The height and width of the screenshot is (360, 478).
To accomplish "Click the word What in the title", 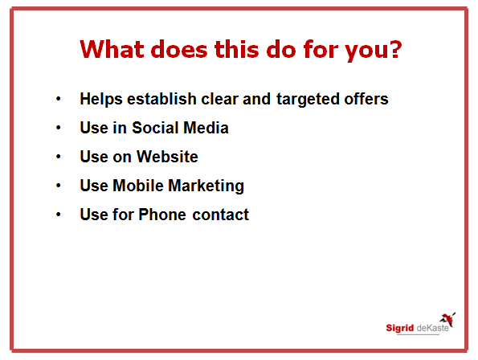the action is pos(112,49).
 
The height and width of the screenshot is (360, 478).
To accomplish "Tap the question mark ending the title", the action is pos(396,49).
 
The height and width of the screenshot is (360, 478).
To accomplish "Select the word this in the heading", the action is pos(237,49).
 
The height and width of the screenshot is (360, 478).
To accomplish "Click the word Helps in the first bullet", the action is pos(101,99).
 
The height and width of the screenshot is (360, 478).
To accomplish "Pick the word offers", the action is pos(366,99).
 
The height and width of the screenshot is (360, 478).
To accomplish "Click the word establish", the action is pos(161,99).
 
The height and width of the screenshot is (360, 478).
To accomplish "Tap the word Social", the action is pos(155,128).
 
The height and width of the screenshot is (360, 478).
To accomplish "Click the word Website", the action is pos(167,157).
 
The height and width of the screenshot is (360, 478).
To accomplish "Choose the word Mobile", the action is pos(138,186).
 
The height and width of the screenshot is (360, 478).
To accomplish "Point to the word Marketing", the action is pos(206,186).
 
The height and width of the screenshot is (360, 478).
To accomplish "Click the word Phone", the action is pos(162,215).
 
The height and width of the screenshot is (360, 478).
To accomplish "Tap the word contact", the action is pos(221,215).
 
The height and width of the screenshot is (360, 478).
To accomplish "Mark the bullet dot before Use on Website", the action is pos(59,157).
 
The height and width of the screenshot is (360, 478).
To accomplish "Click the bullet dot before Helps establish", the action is pos(59,99).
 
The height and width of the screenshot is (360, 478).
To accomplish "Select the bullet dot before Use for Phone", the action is pos(59,215).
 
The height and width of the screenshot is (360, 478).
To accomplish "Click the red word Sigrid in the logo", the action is pos(399,328).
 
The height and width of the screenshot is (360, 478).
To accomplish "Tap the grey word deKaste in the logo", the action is pos(432,328).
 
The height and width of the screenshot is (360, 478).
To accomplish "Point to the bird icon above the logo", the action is pos(447,319).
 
